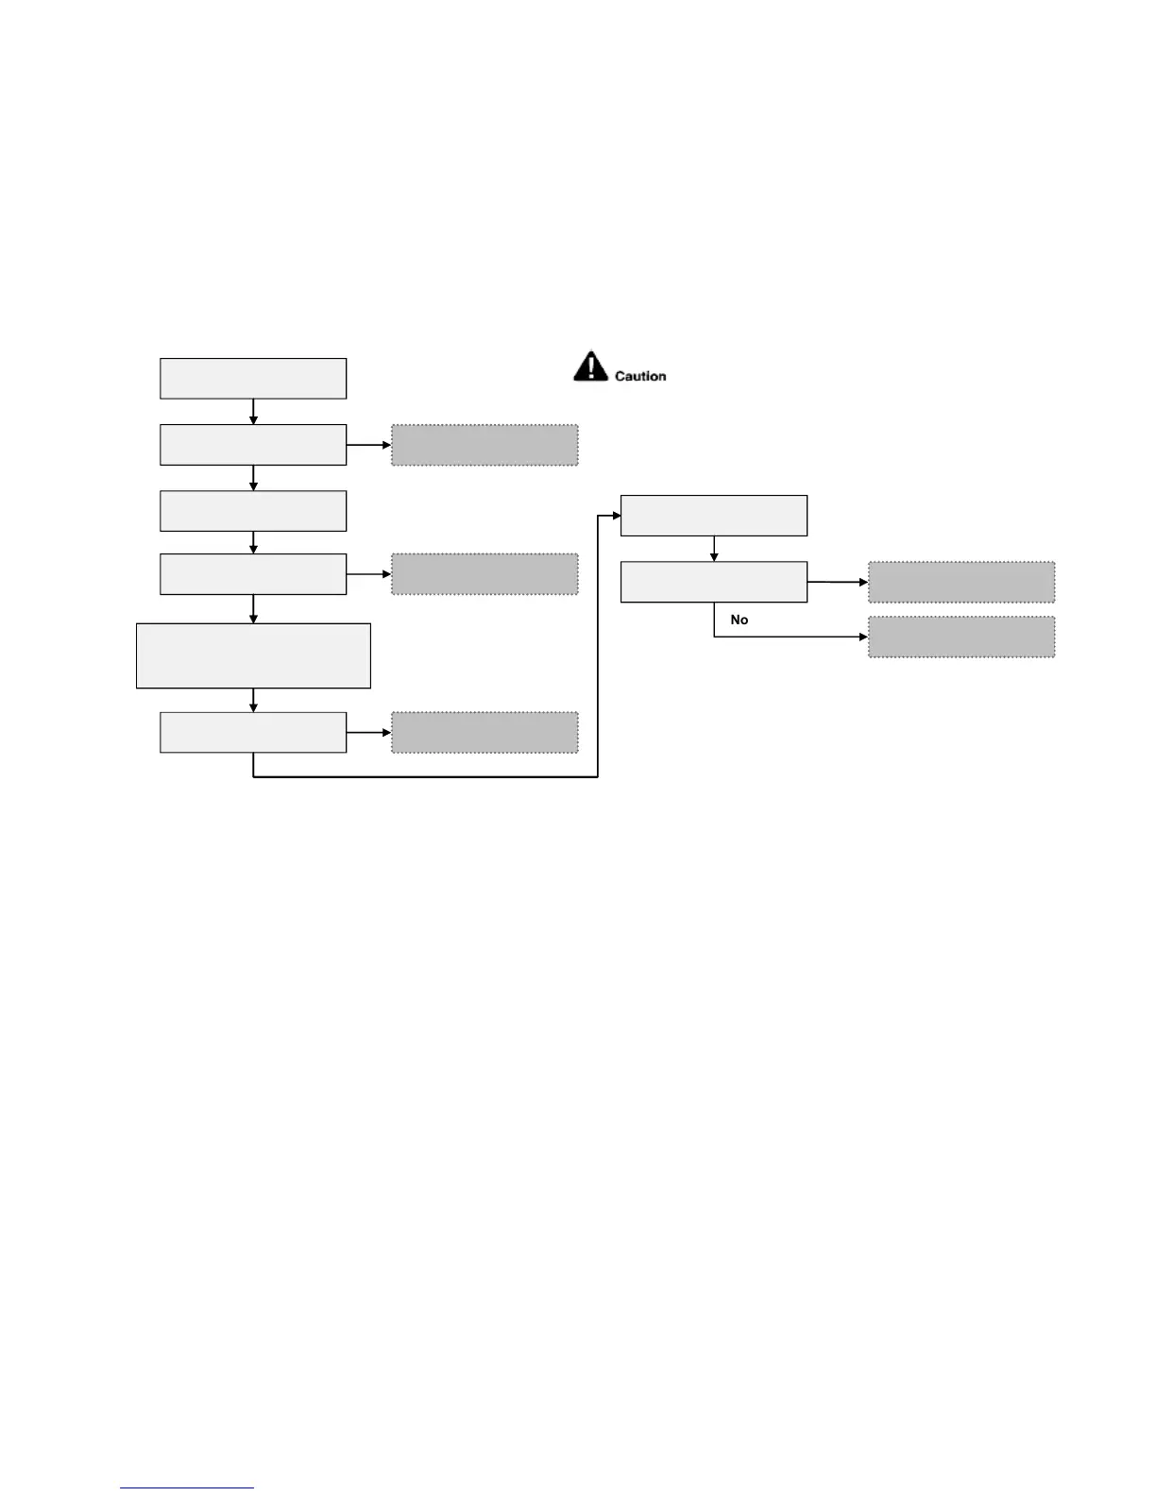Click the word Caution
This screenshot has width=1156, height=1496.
pyautogui.click(x=640, y=376)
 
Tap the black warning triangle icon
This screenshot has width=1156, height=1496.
pyautogui.click(x=590, y=366)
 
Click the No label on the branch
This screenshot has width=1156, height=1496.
pyautogui.click(x=739, y=620)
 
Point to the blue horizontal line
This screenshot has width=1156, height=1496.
pyautogui.click(x=187, y=1487)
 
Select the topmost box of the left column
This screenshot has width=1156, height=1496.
pyautogui.click(x=253, y=379)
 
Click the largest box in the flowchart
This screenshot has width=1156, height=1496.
pyautogui.click(x=253, y=655)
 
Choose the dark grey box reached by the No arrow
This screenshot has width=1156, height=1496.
pyautogui.click(x=961, y=637)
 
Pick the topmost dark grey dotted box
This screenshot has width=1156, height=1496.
pyautogui.click(x=484, y=445)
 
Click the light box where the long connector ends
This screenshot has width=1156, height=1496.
pyautogui.click(x=714, y=516)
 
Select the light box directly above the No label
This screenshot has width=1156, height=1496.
pyautogui.click(x=714, y=582)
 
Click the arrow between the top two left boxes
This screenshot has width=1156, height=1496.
pyautogui.click(x=253, y=412)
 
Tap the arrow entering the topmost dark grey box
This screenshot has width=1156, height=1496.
pyautogui.click(x=369, y=445)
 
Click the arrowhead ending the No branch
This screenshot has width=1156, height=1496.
pyautogui.click(x=863, y=637)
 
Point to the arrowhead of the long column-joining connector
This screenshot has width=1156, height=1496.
pyautogui.click(x=616, y=516)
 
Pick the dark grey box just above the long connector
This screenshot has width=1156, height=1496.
pyautogui.click(x=484, y=732)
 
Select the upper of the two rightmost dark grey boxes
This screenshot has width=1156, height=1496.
pyautogui.click(x=961, y=582)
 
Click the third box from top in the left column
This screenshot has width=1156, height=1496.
pyautogui.click(x=253, y=511)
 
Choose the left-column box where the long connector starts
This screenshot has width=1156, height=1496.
pyautogui.click(x=253, y=732)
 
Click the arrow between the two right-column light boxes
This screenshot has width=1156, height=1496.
pyautogui.click(x=714, y=549)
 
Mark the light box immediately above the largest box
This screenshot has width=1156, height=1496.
pyautogui.click(x=253, y=574)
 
